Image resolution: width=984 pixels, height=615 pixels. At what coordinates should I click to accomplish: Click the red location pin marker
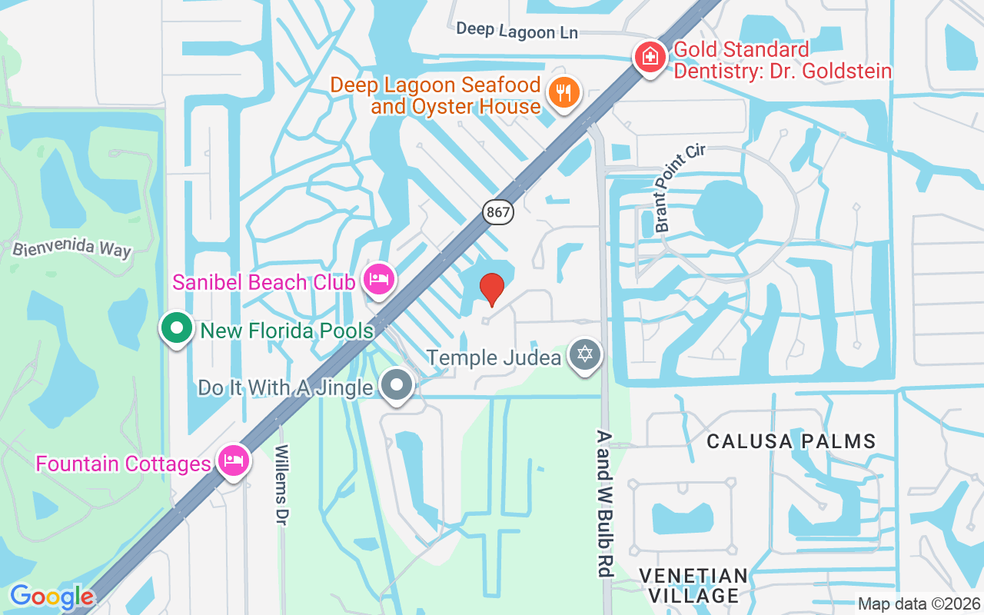pos(492,289)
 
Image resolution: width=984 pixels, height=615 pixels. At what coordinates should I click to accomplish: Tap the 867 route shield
pos(498,212)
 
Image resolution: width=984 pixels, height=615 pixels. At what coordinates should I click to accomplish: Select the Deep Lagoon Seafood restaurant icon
pos(565,93)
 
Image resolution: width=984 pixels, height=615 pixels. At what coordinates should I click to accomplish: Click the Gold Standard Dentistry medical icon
pos(650,58)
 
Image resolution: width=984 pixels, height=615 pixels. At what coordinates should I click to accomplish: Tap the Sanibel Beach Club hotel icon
pos(379,279)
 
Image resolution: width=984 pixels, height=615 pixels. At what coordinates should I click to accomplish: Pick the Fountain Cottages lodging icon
pos(233,461)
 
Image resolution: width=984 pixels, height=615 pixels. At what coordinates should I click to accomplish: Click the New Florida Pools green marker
pos(177,328)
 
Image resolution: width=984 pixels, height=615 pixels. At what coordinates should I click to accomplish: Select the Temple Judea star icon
pos(586,355)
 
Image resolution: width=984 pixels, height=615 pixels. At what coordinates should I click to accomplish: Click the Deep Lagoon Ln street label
pos(516,31)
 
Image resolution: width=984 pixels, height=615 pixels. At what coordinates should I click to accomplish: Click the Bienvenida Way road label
pos(72,248)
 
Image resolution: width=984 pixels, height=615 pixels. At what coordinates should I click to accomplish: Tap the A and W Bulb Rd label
pos(604,504)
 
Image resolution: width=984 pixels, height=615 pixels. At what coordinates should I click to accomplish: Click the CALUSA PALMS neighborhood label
pos(791,441)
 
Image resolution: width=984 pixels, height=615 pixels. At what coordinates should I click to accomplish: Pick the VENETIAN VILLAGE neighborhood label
pos(693,586)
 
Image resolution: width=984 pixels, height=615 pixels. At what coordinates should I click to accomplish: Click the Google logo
pos(52,597)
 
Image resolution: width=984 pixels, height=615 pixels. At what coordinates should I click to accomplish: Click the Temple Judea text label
pos(494,357)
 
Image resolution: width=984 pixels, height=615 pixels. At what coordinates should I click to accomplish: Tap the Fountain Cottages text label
pos(123,464)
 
